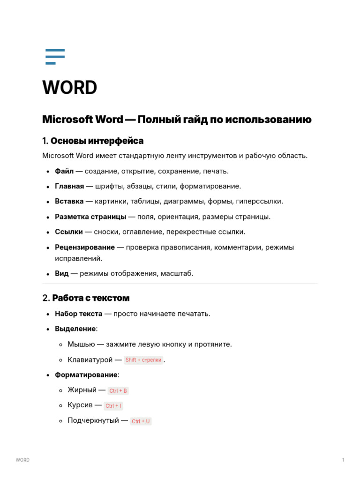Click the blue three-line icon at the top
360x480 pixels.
tap(55, 56)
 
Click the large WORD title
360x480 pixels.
tap(70, 88)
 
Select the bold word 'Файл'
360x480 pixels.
tap(64, 171)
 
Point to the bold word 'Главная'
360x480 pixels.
tap(69, 186)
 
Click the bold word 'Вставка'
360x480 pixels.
tap(69, 201)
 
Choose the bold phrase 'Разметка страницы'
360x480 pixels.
tap(90, 217)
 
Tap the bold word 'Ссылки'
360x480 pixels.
tap(69, 232)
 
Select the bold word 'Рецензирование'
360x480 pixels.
tap(85, 247)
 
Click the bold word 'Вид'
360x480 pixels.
tap(62, 273)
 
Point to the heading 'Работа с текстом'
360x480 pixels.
tap(91, 298)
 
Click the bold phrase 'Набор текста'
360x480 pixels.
tap(79, 314)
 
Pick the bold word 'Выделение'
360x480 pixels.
tap(75, 329)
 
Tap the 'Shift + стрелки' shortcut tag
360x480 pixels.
tap(143, 360)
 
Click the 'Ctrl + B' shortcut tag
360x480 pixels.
tap(118, 390)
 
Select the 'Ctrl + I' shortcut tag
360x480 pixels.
tap(113, 406)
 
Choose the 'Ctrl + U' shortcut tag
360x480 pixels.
tap(141, 421)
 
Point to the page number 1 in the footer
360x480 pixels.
tap(343, 460)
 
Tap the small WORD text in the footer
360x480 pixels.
tap(22, 460)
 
